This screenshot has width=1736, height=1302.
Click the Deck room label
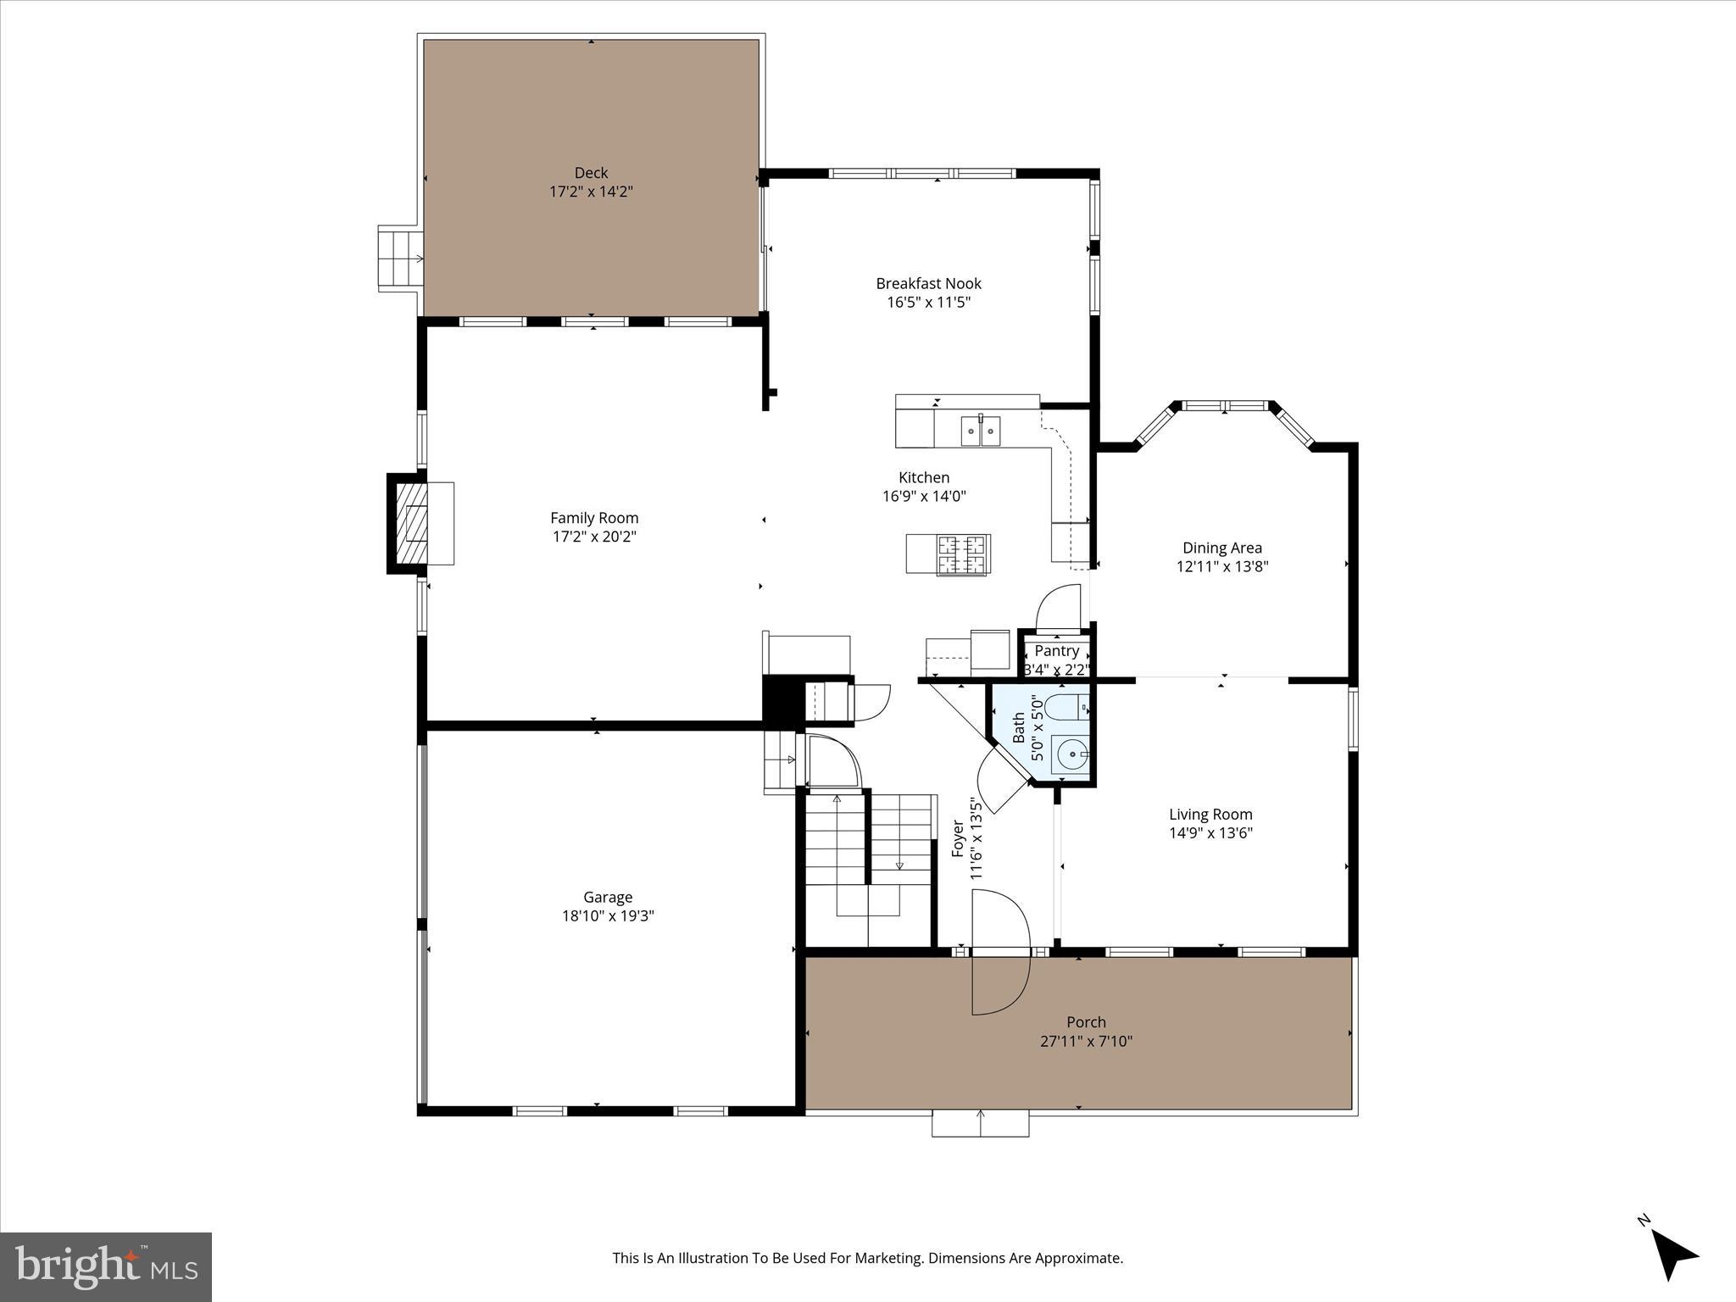(x=591, y=173)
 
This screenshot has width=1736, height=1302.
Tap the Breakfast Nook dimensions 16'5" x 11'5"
(x=928, y=302)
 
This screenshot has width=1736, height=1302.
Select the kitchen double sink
(x=980, y=431)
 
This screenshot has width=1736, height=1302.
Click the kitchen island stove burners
(x=962, y=555)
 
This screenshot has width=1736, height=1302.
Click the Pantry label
(x=1056, y=651)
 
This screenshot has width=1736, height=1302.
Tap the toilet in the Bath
(x=1066, y=706)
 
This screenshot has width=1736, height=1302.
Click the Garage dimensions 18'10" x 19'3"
(x=608, y=915)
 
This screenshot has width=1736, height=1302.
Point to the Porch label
(x=1086, y=1022)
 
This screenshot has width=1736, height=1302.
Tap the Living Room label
(x=1210, y=815)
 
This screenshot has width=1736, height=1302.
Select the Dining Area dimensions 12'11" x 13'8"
(x=1221, y=566)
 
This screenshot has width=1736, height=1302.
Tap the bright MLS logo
(x=106, y=1266)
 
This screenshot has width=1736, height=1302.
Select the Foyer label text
(x=958, y=838)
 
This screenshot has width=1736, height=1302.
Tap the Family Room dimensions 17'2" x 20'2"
(x=594, y=537)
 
